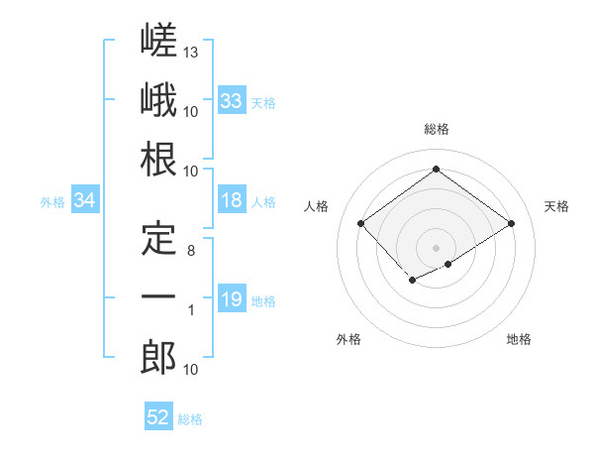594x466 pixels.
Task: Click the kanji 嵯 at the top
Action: click(158, 40)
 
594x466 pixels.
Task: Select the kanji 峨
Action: click(158, 99)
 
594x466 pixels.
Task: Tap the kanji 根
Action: click(158, 159)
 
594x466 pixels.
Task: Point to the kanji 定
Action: click(158, 238)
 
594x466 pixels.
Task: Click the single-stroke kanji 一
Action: click(158, 296)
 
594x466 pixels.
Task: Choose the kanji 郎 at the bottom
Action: click(158, 357)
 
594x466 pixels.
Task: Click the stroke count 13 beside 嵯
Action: click(190, 52)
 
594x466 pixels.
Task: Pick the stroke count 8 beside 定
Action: click(191, 251)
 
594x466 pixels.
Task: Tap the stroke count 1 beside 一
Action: click(191, 310)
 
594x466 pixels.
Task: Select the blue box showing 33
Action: click(232, 100)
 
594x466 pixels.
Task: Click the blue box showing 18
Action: click(232, 199)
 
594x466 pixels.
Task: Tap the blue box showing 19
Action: click(232, 297)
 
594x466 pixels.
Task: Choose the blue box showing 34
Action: click(85, 199)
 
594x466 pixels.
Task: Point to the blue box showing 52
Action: click(158, 415)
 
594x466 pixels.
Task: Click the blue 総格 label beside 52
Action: click(190, 419)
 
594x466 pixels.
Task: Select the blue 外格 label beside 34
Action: click(52, 202)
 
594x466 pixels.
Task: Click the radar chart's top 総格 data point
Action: click(436, 169)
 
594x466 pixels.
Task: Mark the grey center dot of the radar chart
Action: click(436, 248)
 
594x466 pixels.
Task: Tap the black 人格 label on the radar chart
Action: click(316, 206)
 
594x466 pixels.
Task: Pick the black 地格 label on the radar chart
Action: click(519, 339)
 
